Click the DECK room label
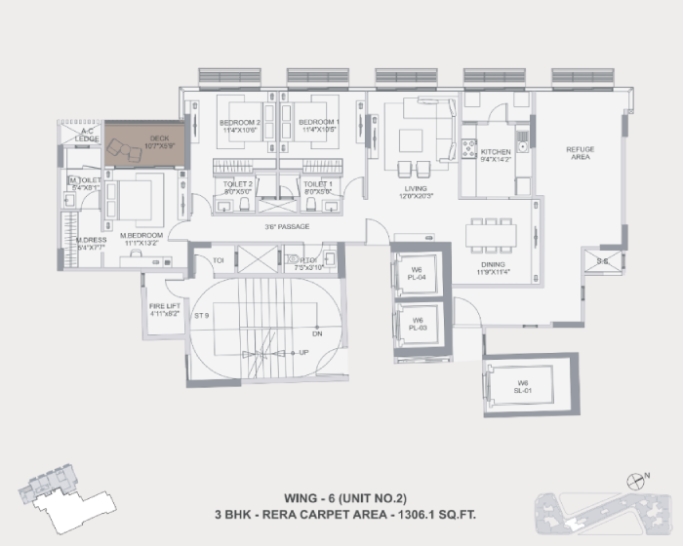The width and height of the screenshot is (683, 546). coord(160,139)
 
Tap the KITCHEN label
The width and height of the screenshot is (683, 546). coord(496,153)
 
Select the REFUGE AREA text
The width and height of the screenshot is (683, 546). coord(581,152)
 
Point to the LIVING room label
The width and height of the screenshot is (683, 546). coord(417,189)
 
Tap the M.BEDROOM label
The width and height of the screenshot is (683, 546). coord(141,236)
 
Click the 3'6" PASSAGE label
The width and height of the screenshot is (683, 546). coord(287,227)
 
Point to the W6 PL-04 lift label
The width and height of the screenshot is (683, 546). coord(417,273)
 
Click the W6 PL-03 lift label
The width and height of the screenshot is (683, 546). coord(417,323)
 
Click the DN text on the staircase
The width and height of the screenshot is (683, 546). coord(317,331)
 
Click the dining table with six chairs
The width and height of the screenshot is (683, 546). coord(489,233)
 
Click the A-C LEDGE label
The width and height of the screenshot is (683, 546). coord(87,135)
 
